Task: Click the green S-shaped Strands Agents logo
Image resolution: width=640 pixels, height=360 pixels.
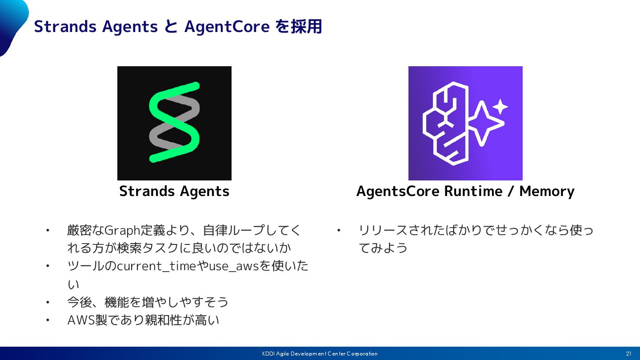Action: point(174,122)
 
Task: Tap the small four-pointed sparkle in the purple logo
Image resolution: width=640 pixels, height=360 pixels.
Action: point(500,107)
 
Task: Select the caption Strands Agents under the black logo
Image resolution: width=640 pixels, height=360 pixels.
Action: point(174,191)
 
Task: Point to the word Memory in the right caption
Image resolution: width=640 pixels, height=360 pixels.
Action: point(547,191)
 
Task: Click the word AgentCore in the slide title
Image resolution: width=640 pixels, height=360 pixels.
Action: point(227,27)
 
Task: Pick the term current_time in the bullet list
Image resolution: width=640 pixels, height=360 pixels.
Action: point(156,266)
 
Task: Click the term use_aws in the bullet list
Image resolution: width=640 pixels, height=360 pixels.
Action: point(234,266)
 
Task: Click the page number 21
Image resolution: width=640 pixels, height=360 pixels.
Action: point(628,354)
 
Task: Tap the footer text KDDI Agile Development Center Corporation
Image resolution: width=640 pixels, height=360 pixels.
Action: point(320,354)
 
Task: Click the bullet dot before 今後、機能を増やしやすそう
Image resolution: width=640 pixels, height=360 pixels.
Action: point(48,302)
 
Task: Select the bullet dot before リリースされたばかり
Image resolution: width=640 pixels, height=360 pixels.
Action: point(339,230)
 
